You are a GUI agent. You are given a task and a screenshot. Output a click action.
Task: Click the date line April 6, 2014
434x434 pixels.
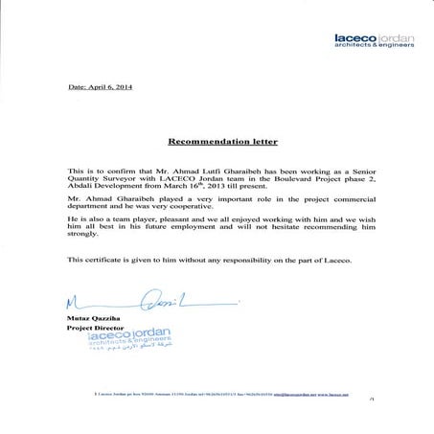point(100,87)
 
